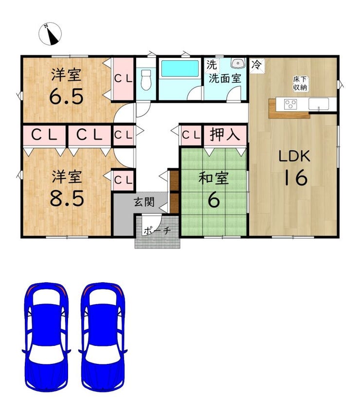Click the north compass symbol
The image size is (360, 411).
[50, 34]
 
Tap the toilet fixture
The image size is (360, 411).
[146, 80]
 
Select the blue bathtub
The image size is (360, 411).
[180, 69]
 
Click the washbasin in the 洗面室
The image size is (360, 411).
[238, 63]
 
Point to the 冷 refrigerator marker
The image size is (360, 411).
[257, 65]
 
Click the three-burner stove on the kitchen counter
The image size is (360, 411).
[290, 104]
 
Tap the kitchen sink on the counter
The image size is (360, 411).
[319, 104]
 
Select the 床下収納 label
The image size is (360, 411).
[300, 83]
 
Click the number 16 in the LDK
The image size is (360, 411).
[295, 177]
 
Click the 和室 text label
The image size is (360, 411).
[214, 178]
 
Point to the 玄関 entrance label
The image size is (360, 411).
[144, 202]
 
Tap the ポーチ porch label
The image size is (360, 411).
[157, 231]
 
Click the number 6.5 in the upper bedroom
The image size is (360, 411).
[67, 96]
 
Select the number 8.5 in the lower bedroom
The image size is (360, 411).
[67, 198]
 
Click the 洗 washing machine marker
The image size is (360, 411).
[211, 65]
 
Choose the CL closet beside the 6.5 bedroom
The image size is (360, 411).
[123, 79]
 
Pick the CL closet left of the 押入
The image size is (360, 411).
[191, 135]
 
